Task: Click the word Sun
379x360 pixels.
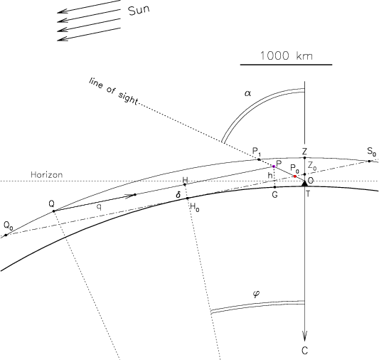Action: tap(139, 10)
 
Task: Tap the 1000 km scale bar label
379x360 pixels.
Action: tap(286, 55)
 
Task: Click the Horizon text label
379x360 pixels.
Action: tap(47, 174)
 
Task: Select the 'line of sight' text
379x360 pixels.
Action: tap(113, 91)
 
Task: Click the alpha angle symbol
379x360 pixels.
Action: tap(247, 93)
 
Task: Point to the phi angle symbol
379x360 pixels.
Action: tap(257, 294)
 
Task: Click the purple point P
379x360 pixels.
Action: tap(274, 166)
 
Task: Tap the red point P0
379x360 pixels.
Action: tap(295, 176)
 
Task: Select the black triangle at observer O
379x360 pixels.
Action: tap(304, 184)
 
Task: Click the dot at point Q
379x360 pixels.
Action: tap(53, 211)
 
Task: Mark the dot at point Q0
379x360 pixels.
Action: tap(6, 235)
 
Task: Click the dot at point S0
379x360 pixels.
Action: tap(369, 161)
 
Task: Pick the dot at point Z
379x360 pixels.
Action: tap(304, 158)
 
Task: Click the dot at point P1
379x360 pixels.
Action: tap(259, 159)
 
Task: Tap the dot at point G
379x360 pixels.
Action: tap(274, 187)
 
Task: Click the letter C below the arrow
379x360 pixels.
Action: tap(305, 350)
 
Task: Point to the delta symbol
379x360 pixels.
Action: tap(178, 194)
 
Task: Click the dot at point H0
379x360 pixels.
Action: tap(187, 198)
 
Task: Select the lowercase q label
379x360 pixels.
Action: tap(99, 207)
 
